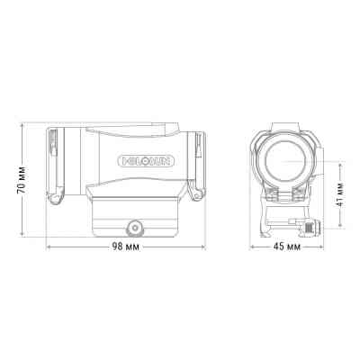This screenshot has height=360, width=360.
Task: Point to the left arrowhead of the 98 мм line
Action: pos(49,247)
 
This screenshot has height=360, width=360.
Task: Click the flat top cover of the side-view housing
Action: pos(135,129)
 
